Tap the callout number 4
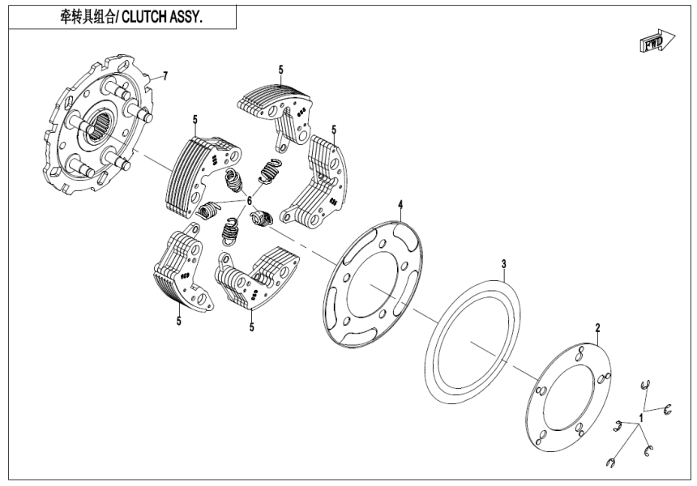coord(400,206)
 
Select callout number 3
coord(503,264)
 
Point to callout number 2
coord(597,328)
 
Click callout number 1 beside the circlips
coord(640,417)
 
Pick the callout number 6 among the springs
coord(250,200)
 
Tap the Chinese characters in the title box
coord(89,15)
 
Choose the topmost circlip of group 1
coord(649,386)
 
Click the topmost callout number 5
coord(280,70)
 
